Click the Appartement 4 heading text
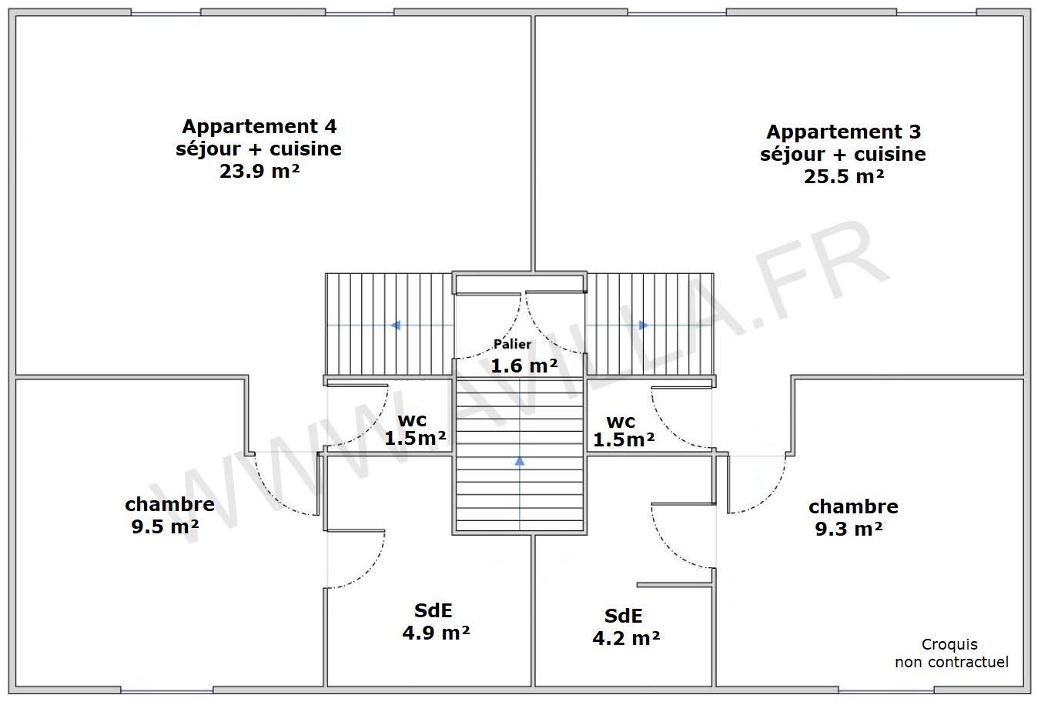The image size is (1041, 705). (x=259, y=125)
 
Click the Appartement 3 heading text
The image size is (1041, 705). (x=843, y=132)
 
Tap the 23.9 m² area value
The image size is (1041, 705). (x=259, y=171)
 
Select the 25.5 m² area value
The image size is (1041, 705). (x=843, y=176)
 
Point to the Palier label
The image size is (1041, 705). (x=512, y=344)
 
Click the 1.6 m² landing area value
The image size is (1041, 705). (x=524, y=366)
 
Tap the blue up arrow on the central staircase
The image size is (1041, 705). (x=520, y=461)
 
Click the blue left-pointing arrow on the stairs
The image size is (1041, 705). (x=396, y=326)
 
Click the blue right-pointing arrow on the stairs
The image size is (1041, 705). (x=644, y=326)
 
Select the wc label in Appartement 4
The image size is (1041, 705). (x=412, y=420)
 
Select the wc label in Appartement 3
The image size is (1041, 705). (x=621, y=422)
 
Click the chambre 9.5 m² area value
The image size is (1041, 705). (x=165, y=527)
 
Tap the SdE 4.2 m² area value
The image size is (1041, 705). (x=625, y=638)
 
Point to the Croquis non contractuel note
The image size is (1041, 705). (x=950, y=653)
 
